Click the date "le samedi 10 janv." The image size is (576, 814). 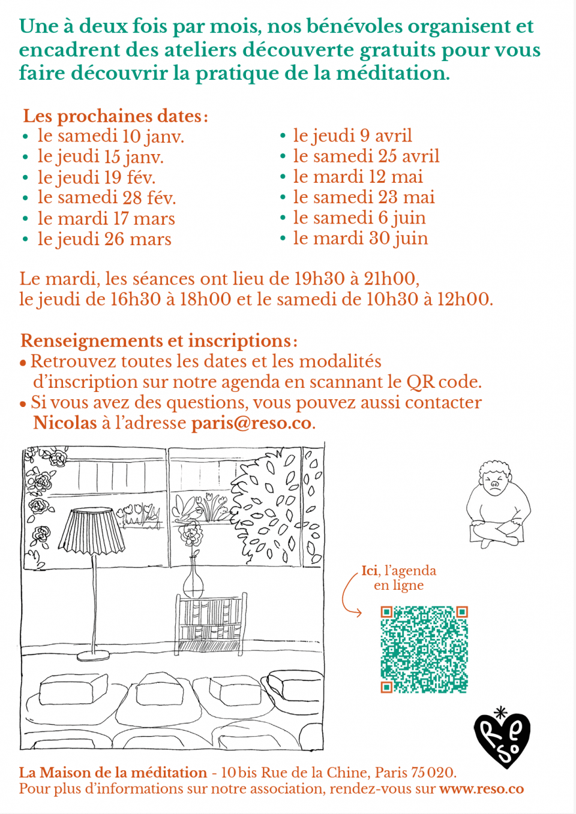pyautogui.click(x=110, y=137)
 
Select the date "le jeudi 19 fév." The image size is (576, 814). pyautogui.click(x=96, y=177)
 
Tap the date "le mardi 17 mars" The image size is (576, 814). pyautogui.click(x=106, y=219)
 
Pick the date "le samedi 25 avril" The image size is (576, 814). pyautogui.click(x=366, y=156)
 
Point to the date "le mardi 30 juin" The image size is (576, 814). pyautogui.click(x=360, y=239)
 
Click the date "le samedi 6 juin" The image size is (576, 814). pyautogui.click(x=359, y=218)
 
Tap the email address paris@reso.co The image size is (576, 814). pyautogui.click(x=251, y=423)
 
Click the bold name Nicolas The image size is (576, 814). pyautogui.click(x=65, y=423)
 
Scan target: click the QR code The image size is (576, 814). pyautogui.click(x=424, y=649)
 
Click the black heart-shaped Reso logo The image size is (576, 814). pyautogui.click(x=502, y=738)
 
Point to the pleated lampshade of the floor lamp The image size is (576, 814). pyautogui.click(x=91, y=530)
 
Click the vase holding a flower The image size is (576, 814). pyautogui.click(x=193, y=578)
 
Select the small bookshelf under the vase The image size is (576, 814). pyautogui.click(x=211, y=623)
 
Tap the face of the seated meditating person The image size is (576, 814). pyautogui.click(x=494, y=483)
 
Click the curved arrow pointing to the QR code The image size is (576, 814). pyautogui.click(x=349, y=595)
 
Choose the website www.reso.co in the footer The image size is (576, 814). pyautogui.click(x=481, y=789)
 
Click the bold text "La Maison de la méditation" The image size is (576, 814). pyautogui.click(x=113, y=773)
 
